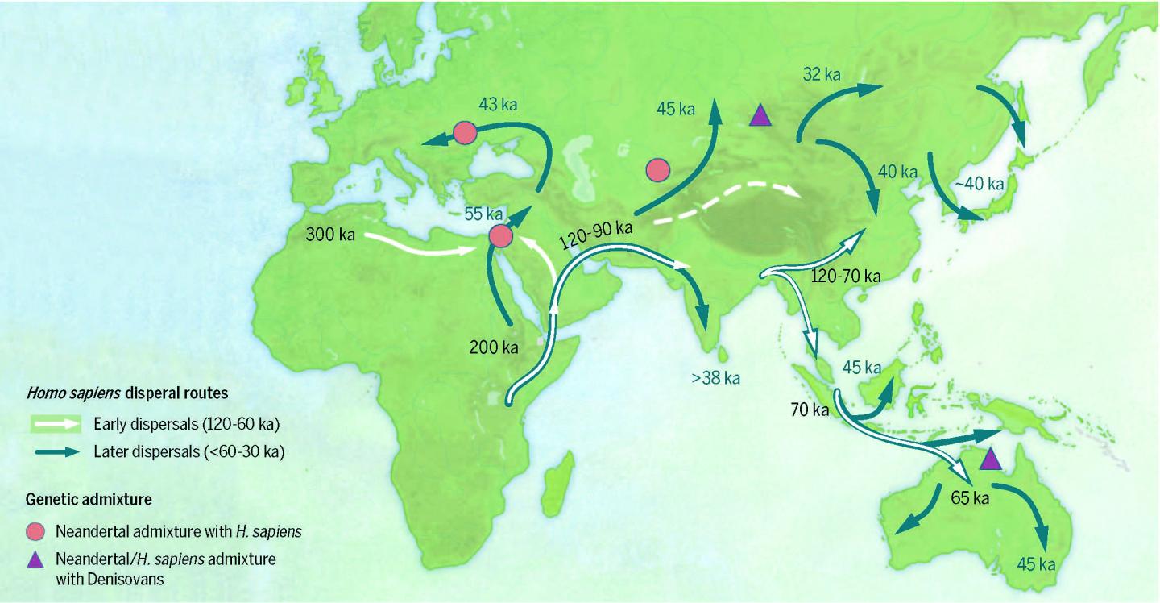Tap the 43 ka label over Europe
click(499, 105)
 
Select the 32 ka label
click(821, 75)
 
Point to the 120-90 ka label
click(595, 227)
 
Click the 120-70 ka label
click(845, 276)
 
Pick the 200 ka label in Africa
click(493, 348)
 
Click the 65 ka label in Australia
click(970, 497)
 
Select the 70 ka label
click(810, 410)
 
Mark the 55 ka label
click(484, 214)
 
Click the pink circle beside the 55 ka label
click(500, 235)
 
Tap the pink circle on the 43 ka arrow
click(465, 132)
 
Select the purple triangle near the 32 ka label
click(759, 116)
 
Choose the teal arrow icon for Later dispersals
click(57, 452)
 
